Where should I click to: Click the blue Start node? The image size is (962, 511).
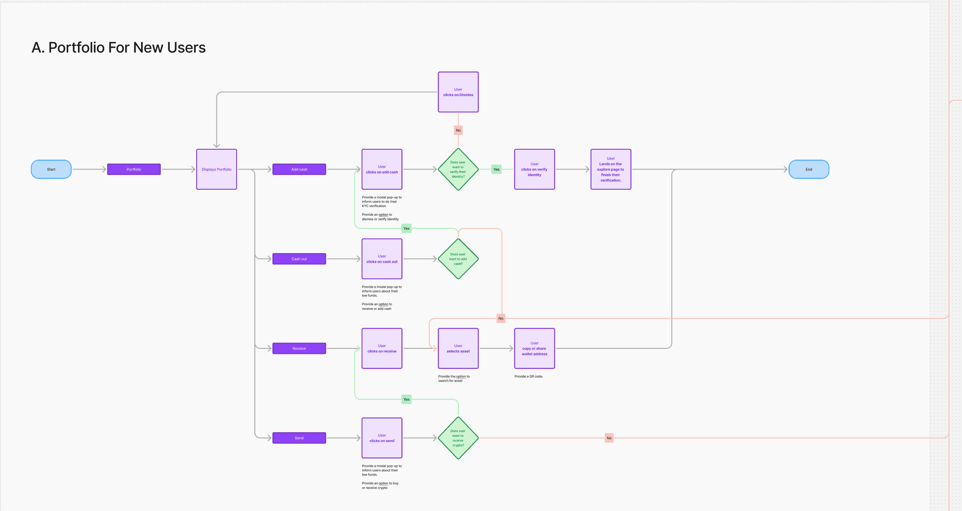(51, 169)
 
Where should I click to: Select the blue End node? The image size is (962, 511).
(809, 169)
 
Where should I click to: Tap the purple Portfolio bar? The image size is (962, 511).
(134, 169)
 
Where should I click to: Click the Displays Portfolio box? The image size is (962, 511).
(216, 169)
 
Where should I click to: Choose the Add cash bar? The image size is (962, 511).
(299, 169)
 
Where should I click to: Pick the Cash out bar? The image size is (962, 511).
(299, 259)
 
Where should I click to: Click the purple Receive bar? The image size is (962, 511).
(299, 348)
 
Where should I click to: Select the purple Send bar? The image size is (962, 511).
(299, 438)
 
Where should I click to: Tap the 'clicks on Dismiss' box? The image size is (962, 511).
(458, 92)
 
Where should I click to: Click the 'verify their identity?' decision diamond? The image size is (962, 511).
(458, 169)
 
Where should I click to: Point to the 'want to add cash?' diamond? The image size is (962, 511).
(458, 259)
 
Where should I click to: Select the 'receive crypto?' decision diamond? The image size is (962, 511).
(458, 438)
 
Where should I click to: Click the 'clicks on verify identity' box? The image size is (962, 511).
(535, 169)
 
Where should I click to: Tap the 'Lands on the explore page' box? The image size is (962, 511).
(611, 169)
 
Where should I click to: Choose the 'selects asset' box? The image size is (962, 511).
(458, 348)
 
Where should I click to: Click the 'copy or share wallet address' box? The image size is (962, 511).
(535, 348)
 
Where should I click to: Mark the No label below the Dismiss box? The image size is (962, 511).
(458, 130)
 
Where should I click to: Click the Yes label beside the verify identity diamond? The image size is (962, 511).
(496, 169)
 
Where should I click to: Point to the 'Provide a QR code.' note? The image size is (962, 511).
(529, 376)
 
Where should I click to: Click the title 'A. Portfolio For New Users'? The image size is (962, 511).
(119, 48)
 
